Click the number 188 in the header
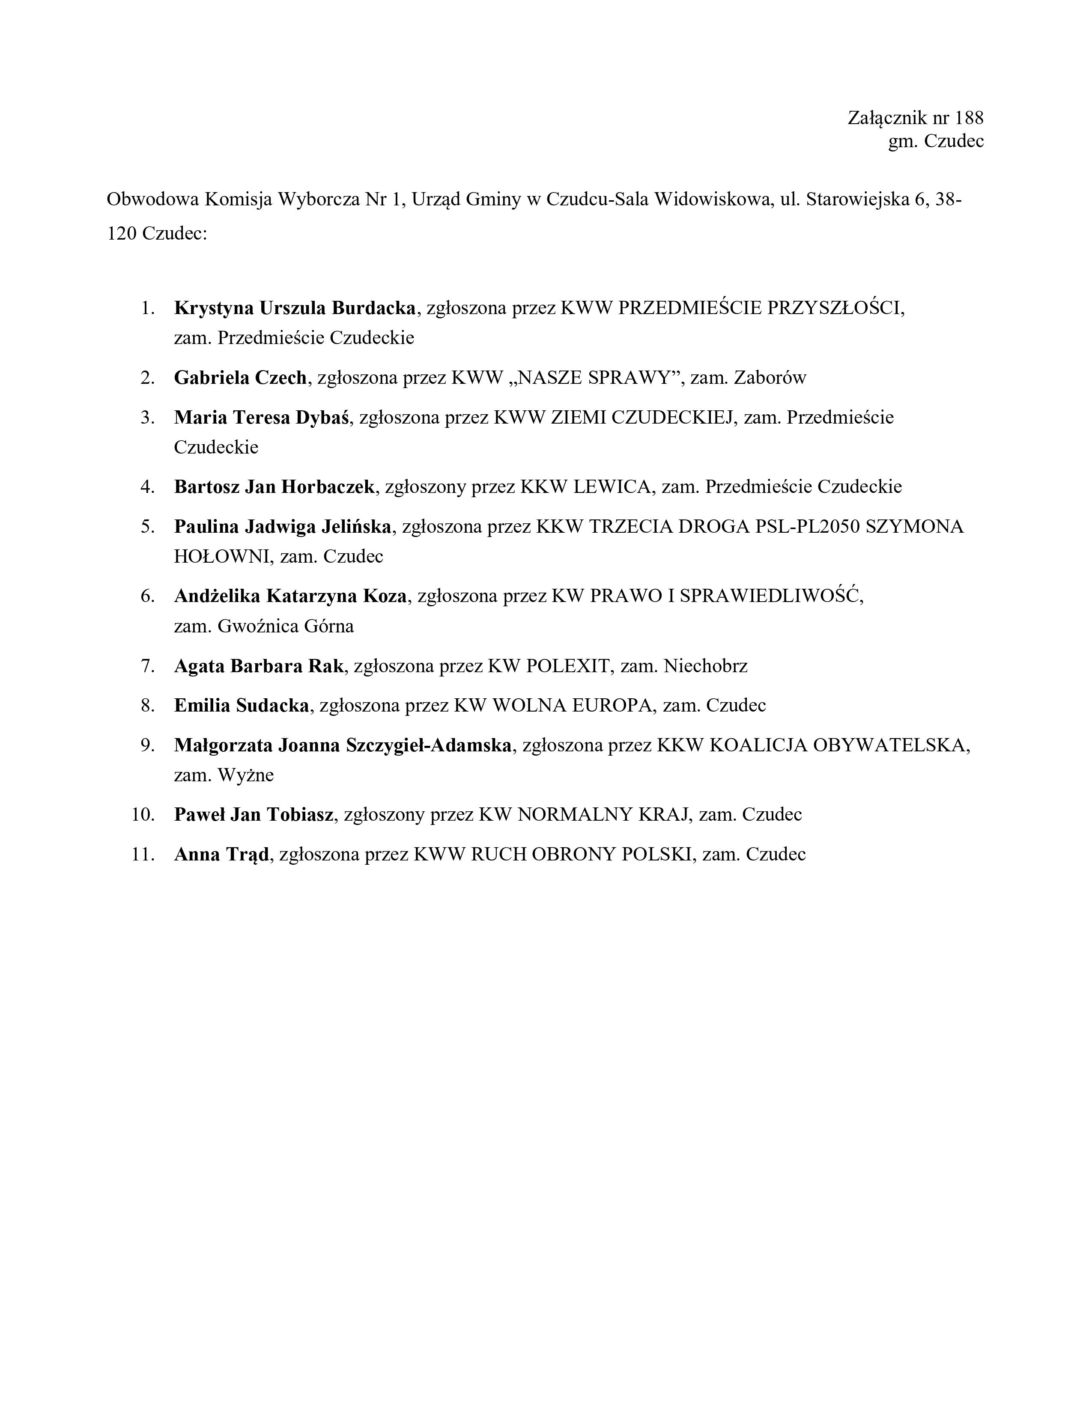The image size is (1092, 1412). pyautogui.click(x=968, y=118)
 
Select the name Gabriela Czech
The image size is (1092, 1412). pyautogui.click(x=240, y=377)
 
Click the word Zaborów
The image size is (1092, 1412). pyautogui.click(x=770, y=377)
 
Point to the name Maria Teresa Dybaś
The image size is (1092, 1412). pyautogui.click(x=261, y=418)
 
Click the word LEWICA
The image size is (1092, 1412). pyautogui.click(x=612, y=487)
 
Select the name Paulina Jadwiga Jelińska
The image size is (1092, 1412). pyautogui.click(x=283, y=527)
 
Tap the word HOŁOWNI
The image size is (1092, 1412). pyautogui.click(x=221, y=557)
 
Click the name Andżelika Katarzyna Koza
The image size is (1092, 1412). pyautogui.click(x=290, y=596)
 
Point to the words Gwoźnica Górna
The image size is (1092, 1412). pyautogui.click(x=286, y=626)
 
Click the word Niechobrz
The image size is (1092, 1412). pyautogui.click(x=705, y=666)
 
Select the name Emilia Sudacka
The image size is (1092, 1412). pyautogui.click(x=241, y=705)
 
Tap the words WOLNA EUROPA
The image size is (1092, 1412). pyautogui.click(x=571, y=705)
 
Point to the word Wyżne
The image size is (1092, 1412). pyautogui.click(x=246, y=775)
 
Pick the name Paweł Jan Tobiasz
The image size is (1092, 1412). pyautogui.click(x=254, y=815)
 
